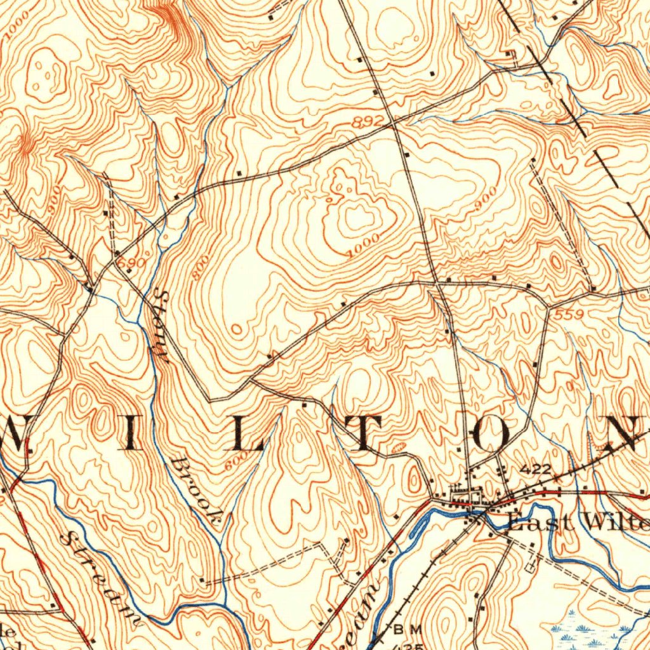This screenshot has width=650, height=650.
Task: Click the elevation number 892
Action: pos(371,121)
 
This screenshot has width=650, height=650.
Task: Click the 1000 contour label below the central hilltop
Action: pos(364,246)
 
